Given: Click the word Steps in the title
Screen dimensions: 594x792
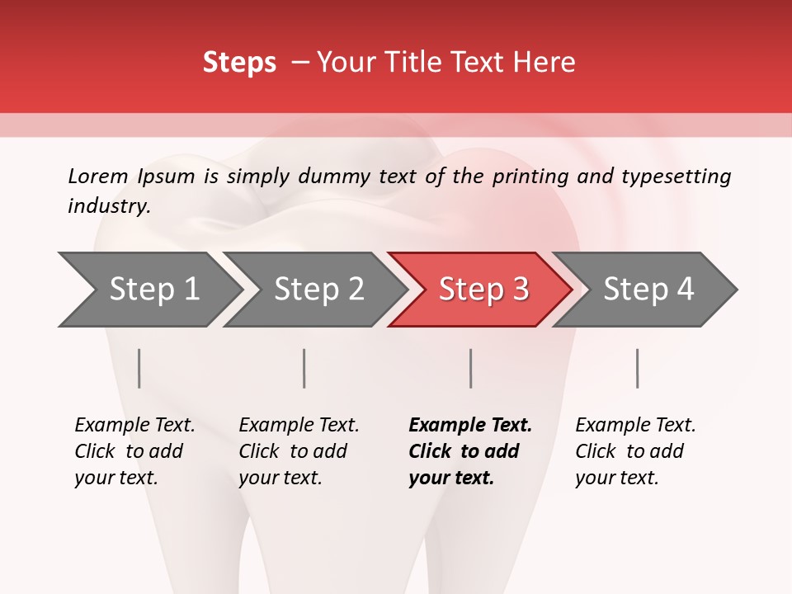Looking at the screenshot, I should click(239, 63).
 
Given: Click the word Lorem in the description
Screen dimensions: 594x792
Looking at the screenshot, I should click(97, 177).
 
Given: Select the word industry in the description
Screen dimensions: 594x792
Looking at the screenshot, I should click(108, 206).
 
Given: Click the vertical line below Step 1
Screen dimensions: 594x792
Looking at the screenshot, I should click(139, 368).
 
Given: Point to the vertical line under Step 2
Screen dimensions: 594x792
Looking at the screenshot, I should click(304, 368).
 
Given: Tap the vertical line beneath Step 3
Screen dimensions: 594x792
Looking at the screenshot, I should click(471, 368).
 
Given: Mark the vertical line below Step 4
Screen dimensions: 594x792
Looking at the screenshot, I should click(637, 368).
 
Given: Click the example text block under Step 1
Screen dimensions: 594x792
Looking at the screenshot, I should click(134, 451).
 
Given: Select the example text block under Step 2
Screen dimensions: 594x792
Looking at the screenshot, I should click(299, 451).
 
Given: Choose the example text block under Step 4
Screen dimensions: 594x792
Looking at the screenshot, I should click(635, 451).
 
